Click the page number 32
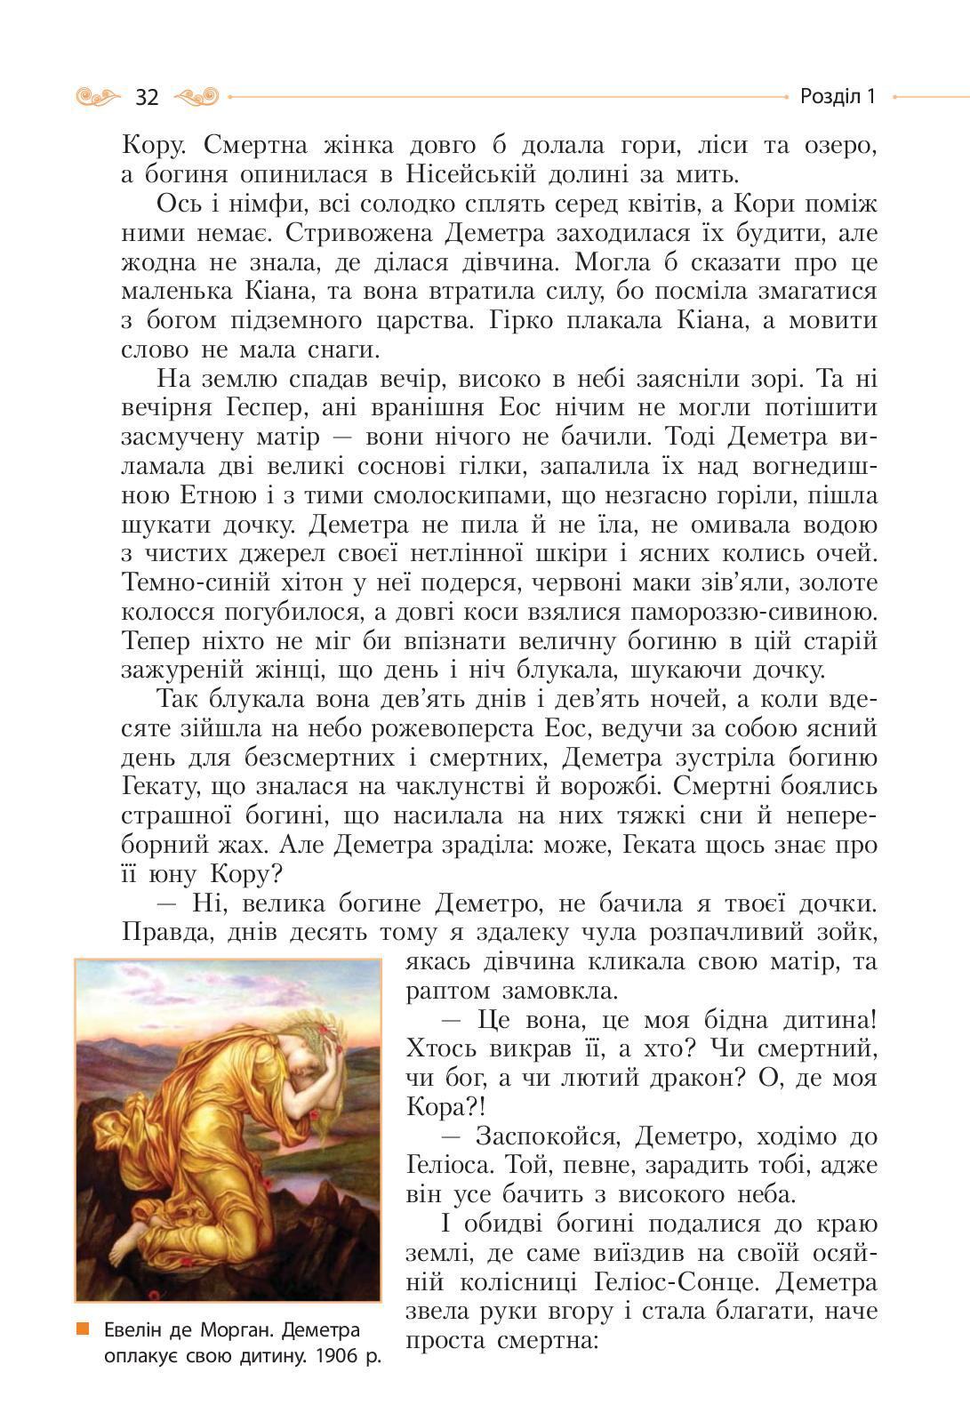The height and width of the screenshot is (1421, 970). click(x=147, y=97)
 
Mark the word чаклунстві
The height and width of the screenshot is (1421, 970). click(x=481, y=787)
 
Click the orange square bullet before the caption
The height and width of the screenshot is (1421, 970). click(x=83, y=1329)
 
